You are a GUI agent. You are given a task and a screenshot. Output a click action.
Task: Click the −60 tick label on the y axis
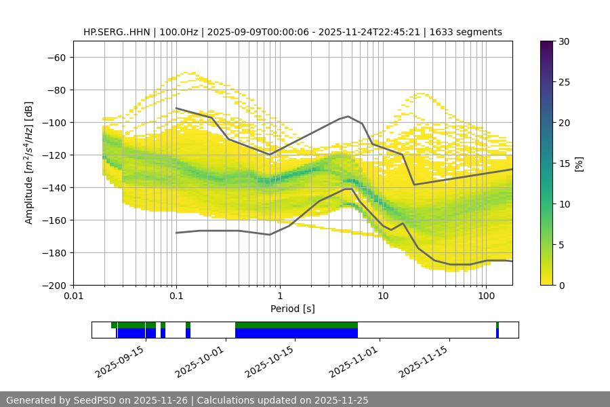coord(56,57)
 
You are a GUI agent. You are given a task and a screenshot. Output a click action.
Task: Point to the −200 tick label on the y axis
coord(53,285)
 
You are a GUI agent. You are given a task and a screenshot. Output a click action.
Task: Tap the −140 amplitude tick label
coord(53,187)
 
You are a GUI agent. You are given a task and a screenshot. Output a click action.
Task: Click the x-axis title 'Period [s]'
coord(293,309)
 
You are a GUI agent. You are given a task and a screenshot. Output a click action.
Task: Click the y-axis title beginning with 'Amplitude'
coord(29,163)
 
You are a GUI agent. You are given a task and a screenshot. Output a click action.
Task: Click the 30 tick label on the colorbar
coord(564,41)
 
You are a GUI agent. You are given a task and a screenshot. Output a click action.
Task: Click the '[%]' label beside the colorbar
coord(579,163)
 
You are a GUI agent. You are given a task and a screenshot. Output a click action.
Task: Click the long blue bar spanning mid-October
coord(296,333)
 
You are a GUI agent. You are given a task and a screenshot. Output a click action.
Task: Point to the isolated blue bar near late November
coord(497,333)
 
